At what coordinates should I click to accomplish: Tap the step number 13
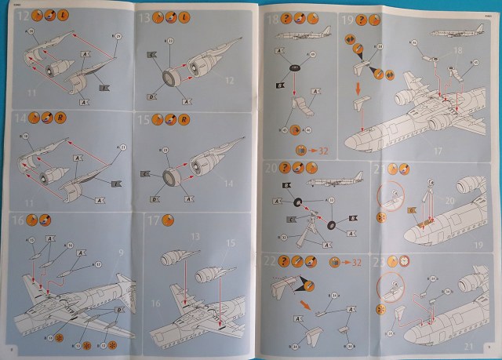[x=144, y=16]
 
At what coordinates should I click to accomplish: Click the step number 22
[x=271, y=260]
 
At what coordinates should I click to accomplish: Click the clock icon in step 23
[x=406, y=261]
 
